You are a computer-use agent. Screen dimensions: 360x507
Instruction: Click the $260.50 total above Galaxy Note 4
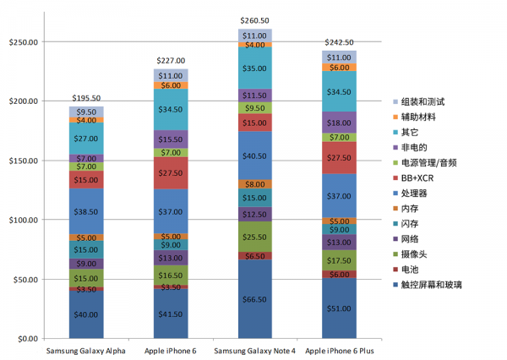tap(254, 19)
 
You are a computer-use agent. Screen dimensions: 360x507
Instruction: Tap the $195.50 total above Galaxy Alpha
tap(86, 98)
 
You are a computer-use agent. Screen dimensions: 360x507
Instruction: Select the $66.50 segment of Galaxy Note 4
tap(254, 298)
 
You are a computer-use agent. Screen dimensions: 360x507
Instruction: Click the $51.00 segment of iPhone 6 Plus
tap(339, 308)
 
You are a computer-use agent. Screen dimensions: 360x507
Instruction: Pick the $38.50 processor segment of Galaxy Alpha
tap(86, 211)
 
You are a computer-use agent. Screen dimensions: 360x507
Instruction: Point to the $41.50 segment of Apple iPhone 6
tap(171, 314)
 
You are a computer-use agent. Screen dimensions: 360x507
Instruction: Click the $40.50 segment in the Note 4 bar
tap(254, 155)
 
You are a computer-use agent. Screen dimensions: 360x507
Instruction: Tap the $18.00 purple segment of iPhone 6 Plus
tap(339, 123)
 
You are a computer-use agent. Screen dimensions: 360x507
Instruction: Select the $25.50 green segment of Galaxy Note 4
tap(254, 236)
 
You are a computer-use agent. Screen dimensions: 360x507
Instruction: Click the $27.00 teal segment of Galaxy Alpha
tap(86, 139)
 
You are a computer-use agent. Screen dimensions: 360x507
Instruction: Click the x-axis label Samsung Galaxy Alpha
tap(86, 349)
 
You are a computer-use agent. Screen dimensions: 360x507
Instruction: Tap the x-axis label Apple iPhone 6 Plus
tap(339, 349)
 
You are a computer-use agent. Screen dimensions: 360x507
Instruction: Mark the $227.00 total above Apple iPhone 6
tap(171, 60)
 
